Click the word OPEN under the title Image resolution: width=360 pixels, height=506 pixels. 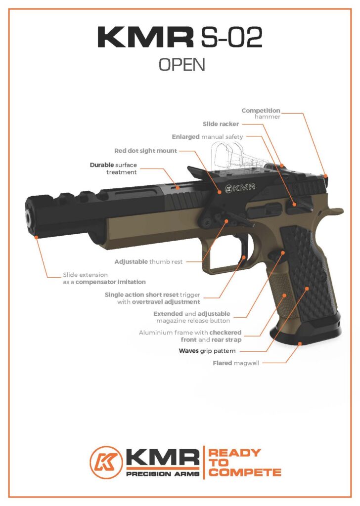(x=181, y=65)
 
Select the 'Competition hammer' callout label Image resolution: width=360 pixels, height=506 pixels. (x=261, y=113)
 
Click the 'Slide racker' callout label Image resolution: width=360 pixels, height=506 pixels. (x=221, y=124)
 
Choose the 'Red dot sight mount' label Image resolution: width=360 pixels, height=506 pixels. (x=145, y=151)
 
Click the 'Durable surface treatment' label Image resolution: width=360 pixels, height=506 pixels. (x=113, y=168)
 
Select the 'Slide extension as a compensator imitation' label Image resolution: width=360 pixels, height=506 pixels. (x=104, y=278)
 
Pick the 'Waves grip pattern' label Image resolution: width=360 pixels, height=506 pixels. (x=207, y=351)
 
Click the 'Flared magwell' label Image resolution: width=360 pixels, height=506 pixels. (x=235, y=363)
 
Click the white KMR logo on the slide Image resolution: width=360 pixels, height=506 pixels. (x=239, y=188)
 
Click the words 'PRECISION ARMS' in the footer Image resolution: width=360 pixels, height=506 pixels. (x=163, y=474)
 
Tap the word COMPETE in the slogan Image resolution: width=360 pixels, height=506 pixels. (x=244, y=472)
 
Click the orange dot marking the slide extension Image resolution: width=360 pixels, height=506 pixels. (x=37, y=238)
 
